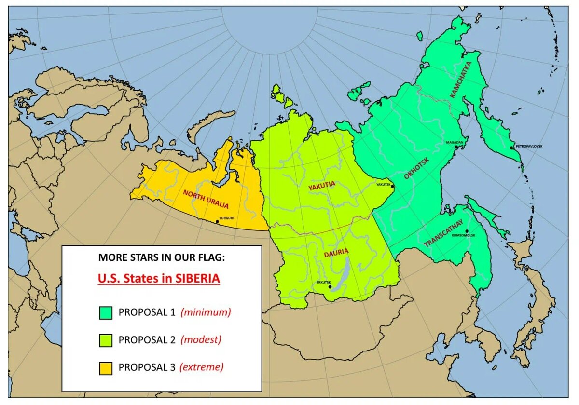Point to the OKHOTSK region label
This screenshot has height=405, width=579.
point(416,167)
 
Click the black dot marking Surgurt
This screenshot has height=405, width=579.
point(217,222)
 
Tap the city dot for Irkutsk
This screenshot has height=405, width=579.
point(330,287)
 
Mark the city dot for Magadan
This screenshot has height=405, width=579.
point(456,147)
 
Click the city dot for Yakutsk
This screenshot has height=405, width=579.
point(393,187)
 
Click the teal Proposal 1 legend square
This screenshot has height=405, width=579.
point(105,312)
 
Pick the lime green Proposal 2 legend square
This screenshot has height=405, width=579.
point(105,340)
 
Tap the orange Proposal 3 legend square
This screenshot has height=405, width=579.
point(105,367)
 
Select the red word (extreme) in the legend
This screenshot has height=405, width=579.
point(201,367)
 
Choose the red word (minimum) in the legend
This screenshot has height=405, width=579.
point(206,312)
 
